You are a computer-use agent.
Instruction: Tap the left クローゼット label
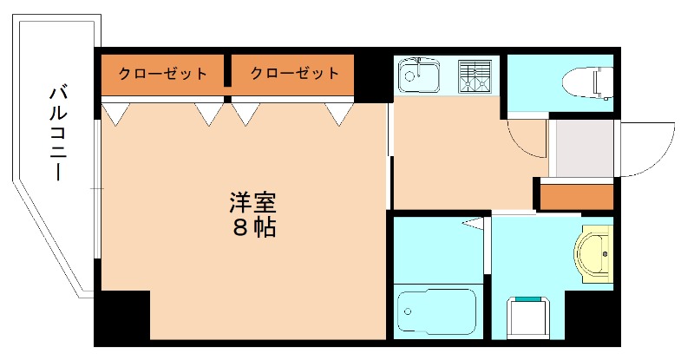[x=162, y=73]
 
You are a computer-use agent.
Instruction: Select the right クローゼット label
[x=294, y=73]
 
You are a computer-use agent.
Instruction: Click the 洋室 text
[x=252, y=203]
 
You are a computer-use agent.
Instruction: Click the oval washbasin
[x=594, y=254]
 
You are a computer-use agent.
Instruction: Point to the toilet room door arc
[x=525, y=139]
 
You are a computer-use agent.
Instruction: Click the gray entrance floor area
[x=580, y=148]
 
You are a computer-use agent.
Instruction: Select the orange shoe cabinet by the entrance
[x=576, y=197]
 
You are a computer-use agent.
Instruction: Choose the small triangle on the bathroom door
[x=473, y=224]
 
